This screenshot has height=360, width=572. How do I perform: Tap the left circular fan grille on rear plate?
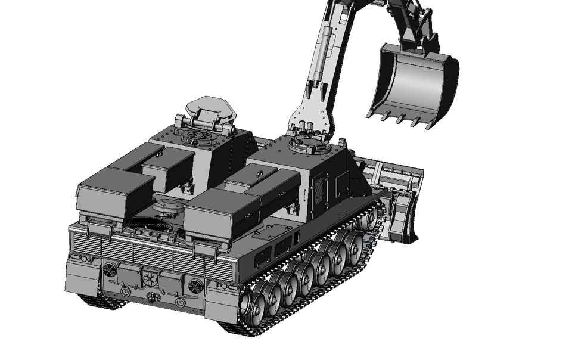tap(110, 269)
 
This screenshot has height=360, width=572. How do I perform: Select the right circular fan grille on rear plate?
tap(195, 287)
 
